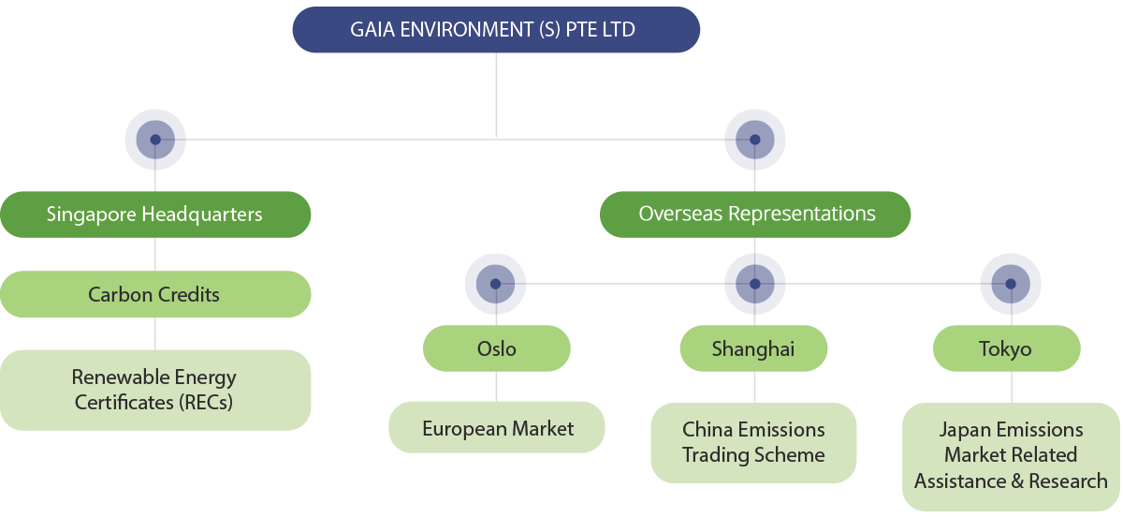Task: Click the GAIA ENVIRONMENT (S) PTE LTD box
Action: click(496, 30)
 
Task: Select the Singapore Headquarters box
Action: click(155, 215)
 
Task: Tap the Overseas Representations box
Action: click(755, 215)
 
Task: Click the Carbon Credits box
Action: click(155, 294)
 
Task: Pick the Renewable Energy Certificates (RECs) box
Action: click(155, 391)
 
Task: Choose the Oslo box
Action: click(496, 349)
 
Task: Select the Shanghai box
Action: click(753, 349)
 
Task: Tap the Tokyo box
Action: click(1006, 349)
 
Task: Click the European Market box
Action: click(497, 429)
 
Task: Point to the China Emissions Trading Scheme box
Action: click(753, 442)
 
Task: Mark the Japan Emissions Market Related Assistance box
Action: click(1011, 456)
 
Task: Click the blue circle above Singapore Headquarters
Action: click(155, 140)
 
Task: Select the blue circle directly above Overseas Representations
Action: click(755, 140)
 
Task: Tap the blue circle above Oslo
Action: click(496, 283)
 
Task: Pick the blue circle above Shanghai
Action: click(755, 283)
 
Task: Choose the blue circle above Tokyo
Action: click(1011, 283)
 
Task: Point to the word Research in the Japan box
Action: click(1068, 481)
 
